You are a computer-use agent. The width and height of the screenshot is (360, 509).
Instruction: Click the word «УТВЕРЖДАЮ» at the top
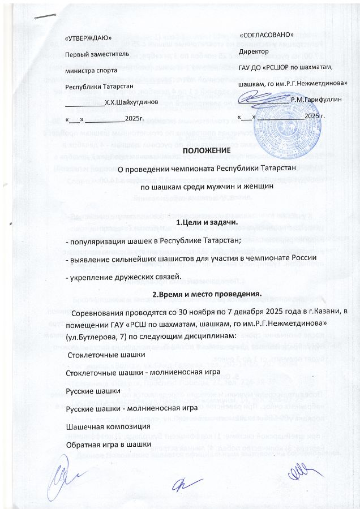tap(88, 38)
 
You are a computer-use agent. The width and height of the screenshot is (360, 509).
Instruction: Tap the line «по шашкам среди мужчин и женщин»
tap(207, 185)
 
